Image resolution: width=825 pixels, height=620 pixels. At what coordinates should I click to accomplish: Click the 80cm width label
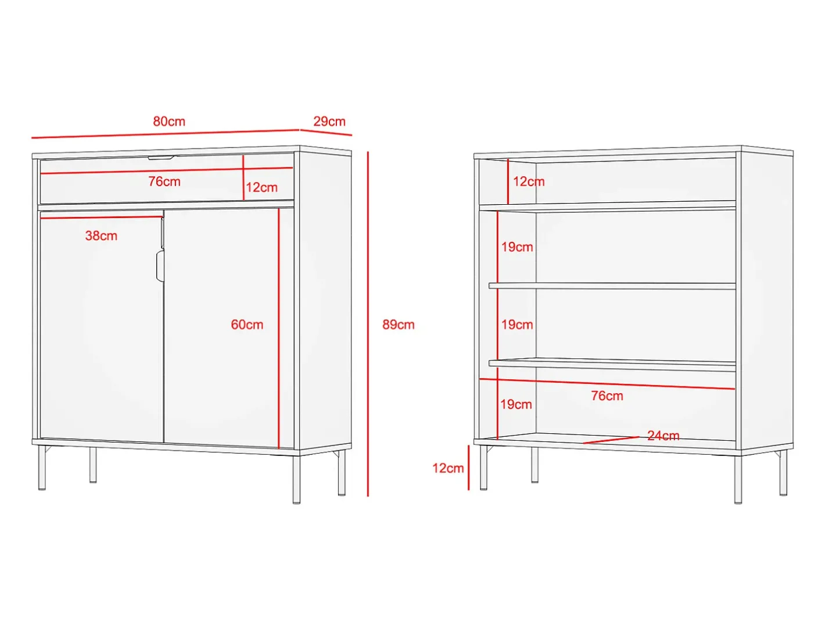coord(169,121)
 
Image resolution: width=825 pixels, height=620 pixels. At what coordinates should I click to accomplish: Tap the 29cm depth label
coord(329,121)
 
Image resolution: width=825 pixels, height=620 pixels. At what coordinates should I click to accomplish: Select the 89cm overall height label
coord(399,325)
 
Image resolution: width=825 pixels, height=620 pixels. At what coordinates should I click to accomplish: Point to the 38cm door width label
coord(101,236)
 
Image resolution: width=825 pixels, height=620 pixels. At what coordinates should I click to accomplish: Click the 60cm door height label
coord(247,325)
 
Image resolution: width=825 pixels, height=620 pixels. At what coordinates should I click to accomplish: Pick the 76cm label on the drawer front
coord(164,181)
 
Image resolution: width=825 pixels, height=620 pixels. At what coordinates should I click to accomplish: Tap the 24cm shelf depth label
coord(663,435)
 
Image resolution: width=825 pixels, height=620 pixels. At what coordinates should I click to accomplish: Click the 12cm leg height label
coord(448,468)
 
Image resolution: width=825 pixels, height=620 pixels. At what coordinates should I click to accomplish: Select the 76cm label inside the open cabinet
coord(607,395)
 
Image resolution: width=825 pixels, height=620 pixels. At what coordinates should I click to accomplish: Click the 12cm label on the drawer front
coord(261,187)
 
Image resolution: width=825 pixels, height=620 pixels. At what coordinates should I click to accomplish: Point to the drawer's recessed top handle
coord(160,158)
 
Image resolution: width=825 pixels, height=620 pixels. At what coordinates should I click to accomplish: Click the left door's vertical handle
coord(160,266)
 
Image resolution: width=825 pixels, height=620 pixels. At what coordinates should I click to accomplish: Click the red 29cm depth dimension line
coord(325,133)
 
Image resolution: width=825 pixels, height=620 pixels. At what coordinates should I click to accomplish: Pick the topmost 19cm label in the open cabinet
coord(517,247)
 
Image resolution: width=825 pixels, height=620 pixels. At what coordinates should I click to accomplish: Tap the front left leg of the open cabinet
coord(484,468)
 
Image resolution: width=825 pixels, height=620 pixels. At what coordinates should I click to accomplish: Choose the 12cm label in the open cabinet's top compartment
coord(529,181)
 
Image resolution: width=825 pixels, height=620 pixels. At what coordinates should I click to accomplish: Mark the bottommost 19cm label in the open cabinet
coord(516,404)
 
